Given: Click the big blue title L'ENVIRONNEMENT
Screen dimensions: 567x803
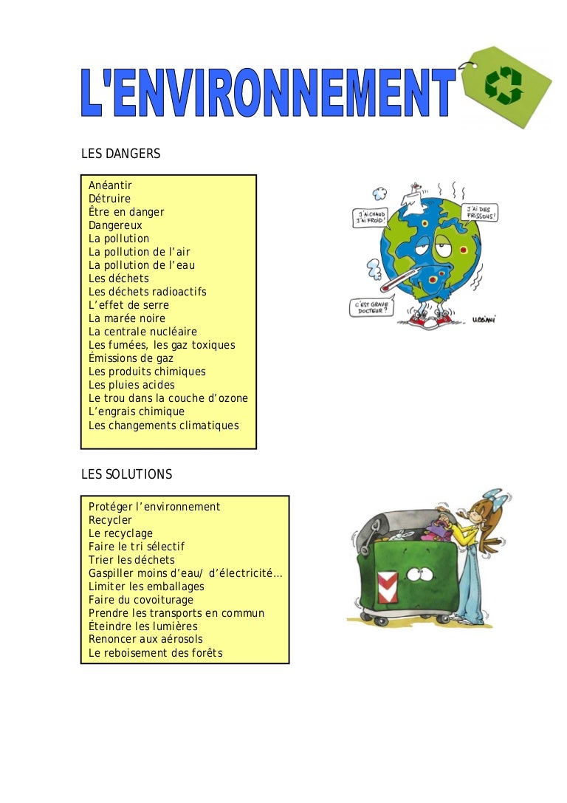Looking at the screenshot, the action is coord(268,92).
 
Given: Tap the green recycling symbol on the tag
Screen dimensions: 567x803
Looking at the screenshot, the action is coord(504,85).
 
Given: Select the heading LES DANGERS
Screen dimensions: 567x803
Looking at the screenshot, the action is coord(121,154).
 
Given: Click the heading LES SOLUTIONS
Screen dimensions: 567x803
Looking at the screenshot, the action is coord(126,474).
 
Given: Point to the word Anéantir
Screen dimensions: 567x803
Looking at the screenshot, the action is coord(110,185).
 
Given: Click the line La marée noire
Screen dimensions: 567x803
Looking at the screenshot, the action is coord(127,318).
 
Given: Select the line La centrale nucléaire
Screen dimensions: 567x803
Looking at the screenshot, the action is coord(142,332).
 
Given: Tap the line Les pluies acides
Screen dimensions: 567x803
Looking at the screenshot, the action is coord(131,385).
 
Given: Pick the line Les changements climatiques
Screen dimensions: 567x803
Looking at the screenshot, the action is coord(164,426).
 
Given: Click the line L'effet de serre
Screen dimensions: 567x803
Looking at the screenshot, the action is coord(128,305).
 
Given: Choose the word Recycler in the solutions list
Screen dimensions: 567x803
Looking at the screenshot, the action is coord(110,520).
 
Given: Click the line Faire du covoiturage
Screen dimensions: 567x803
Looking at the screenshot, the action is coord(141,600).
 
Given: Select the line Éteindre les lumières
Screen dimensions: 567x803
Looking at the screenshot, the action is coord(142,626).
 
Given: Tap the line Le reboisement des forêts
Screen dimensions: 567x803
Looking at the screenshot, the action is coord(156,653).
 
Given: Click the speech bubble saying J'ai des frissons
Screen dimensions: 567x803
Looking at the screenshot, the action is coord(480,213).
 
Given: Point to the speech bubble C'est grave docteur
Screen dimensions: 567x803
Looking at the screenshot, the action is coord(371,307).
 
